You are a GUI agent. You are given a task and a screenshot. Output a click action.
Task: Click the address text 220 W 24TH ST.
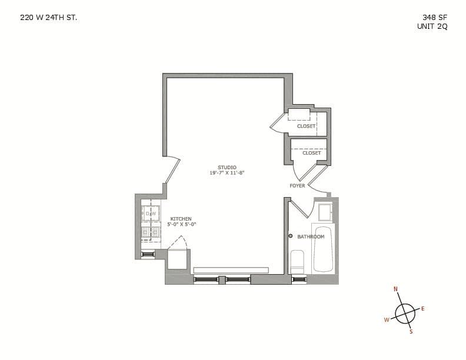(48, 18)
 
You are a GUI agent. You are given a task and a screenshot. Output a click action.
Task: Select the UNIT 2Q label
(432, 26)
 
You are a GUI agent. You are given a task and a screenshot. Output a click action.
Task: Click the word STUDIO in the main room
(227, 168)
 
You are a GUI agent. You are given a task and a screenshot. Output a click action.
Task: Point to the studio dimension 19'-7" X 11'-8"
(227, 173)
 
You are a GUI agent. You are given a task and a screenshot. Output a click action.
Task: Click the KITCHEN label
(181, 219)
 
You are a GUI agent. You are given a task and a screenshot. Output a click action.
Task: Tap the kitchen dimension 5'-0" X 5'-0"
(181, 224)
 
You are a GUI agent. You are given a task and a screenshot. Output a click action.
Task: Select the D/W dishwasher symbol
(151, 214)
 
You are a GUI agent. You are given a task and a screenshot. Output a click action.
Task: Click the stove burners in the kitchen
(150, 232)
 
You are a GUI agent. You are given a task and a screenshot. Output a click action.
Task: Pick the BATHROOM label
(311, 236)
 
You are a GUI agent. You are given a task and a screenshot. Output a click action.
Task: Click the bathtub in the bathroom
(323, 249)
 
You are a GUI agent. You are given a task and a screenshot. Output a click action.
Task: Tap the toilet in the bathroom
(298, 261)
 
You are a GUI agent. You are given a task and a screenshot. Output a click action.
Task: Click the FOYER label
(297, 186)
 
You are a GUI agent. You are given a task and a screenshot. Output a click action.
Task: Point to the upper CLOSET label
(306, 126)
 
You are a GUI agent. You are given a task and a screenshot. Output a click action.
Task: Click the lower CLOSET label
(311, 153)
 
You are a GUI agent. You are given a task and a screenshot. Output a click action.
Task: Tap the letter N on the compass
(395, 289)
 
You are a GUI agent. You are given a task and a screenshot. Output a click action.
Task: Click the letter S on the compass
(411, 332)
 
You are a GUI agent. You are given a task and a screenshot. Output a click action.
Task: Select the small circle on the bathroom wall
(290, 236)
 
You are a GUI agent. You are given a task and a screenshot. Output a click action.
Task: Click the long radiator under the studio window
(231, 270)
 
